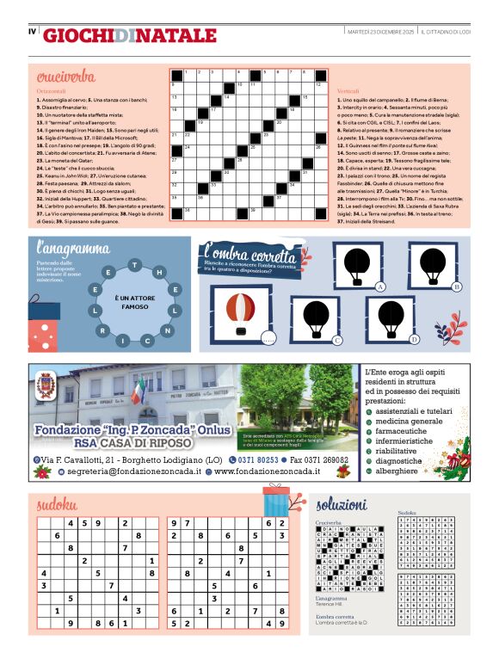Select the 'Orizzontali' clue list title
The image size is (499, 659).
pos(51,90)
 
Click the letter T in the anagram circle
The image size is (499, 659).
pos(132,263)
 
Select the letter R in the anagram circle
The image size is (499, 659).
pos(102,330)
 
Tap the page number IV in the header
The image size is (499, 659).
pos(32,33)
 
